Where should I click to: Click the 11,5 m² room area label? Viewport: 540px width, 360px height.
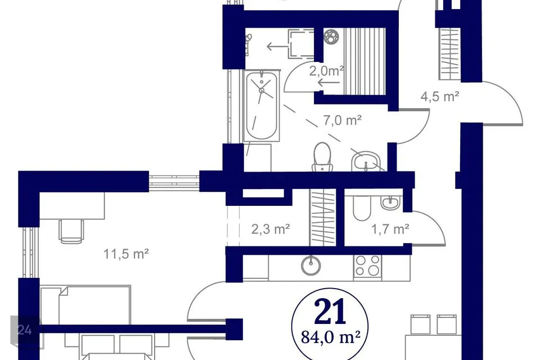(x=126, y=254)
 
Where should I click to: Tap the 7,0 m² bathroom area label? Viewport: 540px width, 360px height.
(x=342, y=120)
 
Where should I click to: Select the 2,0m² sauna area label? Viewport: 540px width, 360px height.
(x=326, y=71)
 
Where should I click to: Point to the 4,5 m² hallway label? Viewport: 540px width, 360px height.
(x=439, y=96)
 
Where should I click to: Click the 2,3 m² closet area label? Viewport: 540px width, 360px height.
(x=271, y=229)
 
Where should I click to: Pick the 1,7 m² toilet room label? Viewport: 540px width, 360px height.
(x=390, y=229)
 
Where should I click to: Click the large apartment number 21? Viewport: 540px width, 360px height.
(x=330, y=312)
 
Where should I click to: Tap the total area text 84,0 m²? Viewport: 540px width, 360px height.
(x=331, y=337)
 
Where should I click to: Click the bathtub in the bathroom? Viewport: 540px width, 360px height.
(x=262, y=106)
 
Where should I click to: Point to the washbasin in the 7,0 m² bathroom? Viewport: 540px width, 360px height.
(x=366, y=161)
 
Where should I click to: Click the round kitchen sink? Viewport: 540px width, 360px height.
(x=311, y=265)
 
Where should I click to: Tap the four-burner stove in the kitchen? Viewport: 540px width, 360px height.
(x=367, y=265)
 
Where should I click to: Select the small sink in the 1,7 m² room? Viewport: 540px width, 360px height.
(x=390, y=202)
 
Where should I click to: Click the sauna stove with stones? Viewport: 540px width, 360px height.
(x=331, y=37)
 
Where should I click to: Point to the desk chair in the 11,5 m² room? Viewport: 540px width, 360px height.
(x=71, y=231)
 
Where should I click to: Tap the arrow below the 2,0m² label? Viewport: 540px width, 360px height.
(x=329, y=83)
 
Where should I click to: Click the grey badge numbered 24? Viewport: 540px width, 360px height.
(x=25, y=331)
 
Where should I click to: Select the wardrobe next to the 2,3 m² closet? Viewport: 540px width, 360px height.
(x=323, y=217)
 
